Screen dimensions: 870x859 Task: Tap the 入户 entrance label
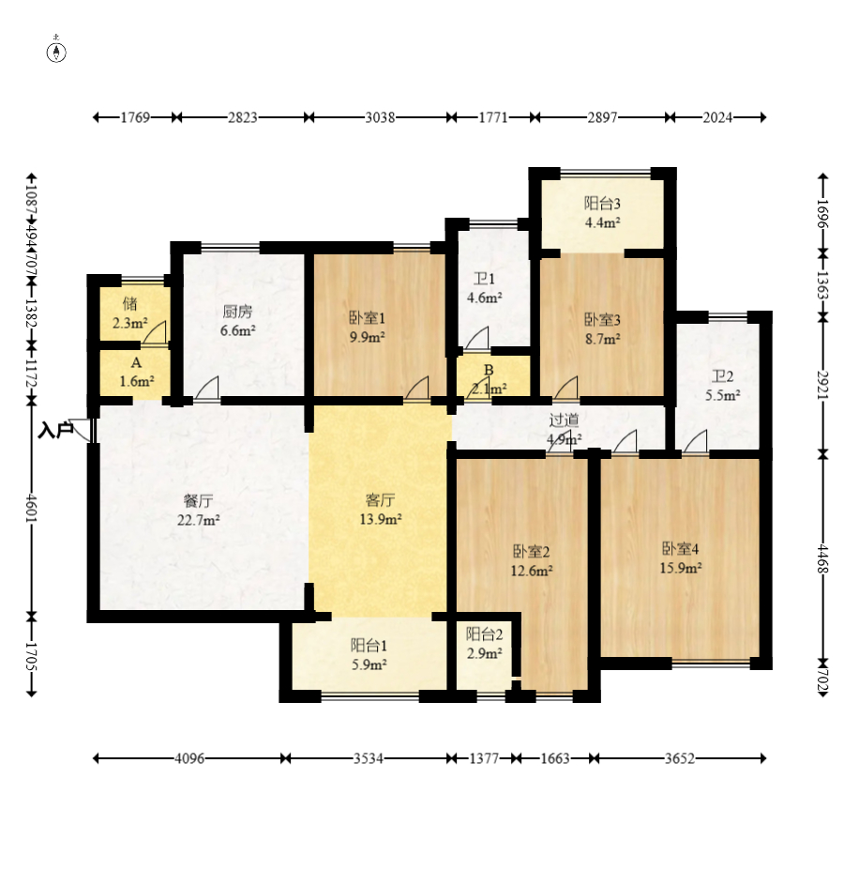coord(55,431)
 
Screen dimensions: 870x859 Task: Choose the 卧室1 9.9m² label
coord(367,326)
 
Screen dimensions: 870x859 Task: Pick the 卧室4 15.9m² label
coord(681,557)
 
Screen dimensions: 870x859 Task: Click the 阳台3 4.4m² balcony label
coord(602,213)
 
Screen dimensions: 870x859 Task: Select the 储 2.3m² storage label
coord(129,313)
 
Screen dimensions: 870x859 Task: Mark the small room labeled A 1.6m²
coord(136,373)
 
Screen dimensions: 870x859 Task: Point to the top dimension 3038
coord(380,117)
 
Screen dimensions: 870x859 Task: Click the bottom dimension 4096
coord(188,758)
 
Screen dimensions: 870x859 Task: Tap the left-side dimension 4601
coord(32,509)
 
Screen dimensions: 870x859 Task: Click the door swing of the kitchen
coord(208,389)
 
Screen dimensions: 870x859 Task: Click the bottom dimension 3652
coord(680,758)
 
